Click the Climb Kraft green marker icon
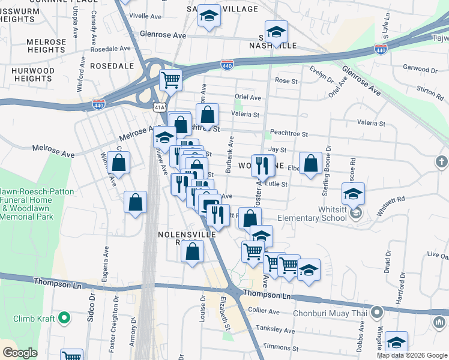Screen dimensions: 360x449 65,318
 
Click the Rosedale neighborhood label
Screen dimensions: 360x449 112,65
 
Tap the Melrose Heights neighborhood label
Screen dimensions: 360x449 46,46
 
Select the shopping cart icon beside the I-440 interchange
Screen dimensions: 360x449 171,79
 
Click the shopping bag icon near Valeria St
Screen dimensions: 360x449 208,114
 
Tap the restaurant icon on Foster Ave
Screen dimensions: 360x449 262,164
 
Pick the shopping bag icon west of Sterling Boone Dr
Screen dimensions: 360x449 310,163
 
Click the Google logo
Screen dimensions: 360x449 20,353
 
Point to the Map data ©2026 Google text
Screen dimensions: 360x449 412,355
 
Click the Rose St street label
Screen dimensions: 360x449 286,80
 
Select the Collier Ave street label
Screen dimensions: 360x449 265,312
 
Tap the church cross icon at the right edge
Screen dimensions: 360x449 442,161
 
